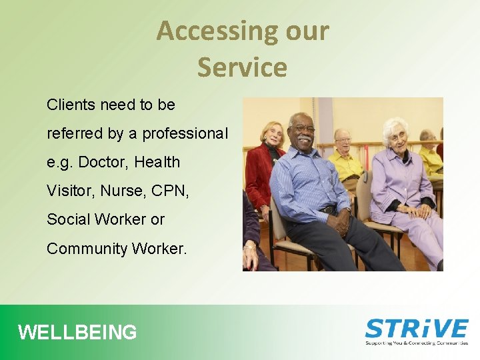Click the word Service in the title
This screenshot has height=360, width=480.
click(x=242, y=67)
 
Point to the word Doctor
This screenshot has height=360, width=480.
click(x=101, y=162)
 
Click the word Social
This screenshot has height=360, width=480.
click(x=69, y=219)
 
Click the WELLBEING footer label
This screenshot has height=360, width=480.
click(x=77, y=332)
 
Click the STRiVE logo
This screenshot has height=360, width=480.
click(x=417, y=329)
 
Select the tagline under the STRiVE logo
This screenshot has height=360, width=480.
click(x=417, y=343)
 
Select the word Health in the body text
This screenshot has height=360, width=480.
click(x=157, y=162)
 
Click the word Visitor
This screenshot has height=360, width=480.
click(x=71, y=191)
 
